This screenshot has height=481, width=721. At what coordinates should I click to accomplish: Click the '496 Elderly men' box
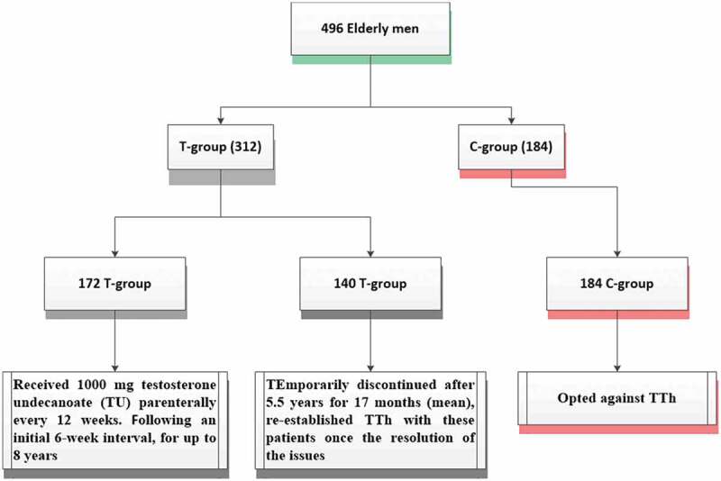tap(370, 29)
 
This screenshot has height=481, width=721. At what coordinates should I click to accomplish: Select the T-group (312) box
tap(220, 147)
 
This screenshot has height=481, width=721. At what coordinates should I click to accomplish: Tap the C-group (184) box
tap(511, 147)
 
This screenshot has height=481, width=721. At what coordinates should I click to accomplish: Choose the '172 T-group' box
tap(115, 284)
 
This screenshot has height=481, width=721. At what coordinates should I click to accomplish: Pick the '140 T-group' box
tap(370, 284)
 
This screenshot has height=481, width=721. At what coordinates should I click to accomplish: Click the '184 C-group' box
tap(617, 284)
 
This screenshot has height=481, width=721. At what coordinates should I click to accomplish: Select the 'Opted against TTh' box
tap(617, 398)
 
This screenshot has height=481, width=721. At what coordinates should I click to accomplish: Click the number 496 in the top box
tap(332, 29)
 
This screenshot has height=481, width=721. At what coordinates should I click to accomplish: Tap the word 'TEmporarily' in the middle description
tap(307, 385)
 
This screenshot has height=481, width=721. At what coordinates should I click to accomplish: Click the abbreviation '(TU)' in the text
tap(112, 403)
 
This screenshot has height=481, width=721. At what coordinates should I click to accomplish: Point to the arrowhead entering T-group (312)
tap(220, 121)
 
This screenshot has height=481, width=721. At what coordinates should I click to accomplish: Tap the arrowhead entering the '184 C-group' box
tap(617, 254)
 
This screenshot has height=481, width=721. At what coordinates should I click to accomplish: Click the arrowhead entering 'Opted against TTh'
tap(617, 368)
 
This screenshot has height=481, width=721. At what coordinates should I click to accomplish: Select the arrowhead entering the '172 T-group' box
tap(115, 254)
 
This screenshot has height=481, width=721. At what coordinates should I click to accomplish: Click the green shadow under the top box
tap(371, 59)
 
